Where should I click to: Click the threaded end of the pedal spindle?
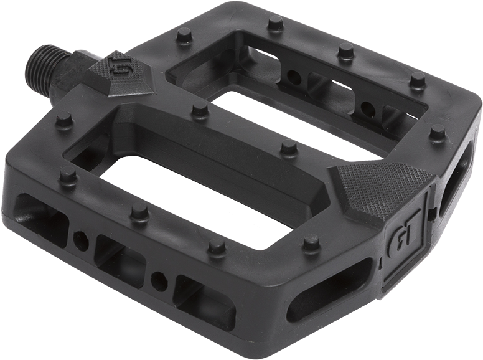click(45, 65)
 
